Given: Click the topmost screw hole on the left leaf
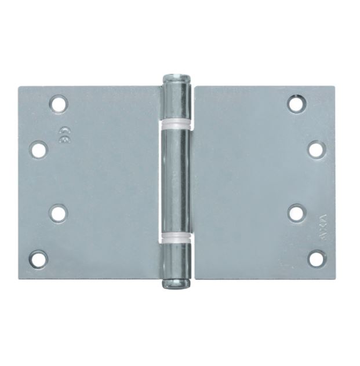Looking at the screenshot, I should (58, 104).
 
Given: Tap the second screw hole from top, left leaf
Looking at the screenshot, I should (39, 150).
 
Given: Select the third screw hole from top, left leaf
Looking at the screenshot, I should (58, 213).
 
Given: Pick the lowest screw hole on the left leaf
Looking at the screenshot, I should (39, 259).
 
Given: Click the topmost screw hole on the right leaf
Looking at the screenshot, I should (296, 104).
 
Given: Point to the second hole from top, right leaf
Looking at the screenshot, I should (316, 150).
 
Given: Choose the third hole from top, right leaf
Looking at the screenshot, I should (296, 213).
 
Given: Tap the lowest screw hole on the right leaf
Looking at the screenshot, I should (316, 258).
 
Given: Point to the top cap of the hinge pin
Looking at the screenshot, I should (177, 78).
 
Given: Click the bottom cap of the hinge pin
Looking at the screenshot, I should (177, 283).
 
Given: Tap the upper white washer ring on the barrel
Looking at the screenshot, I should (177, 123).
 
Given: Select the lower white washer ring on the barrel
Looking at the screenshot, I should (177, 237).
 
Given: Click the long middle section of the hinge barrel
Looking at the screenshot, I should (177, 180).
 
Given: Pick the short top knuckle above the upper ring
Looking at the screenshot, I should (177, 101).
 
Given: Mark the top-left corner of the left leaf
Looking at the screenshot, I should (19, 88).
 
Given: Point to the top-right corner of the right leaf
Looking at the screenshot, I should (334, 88).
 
